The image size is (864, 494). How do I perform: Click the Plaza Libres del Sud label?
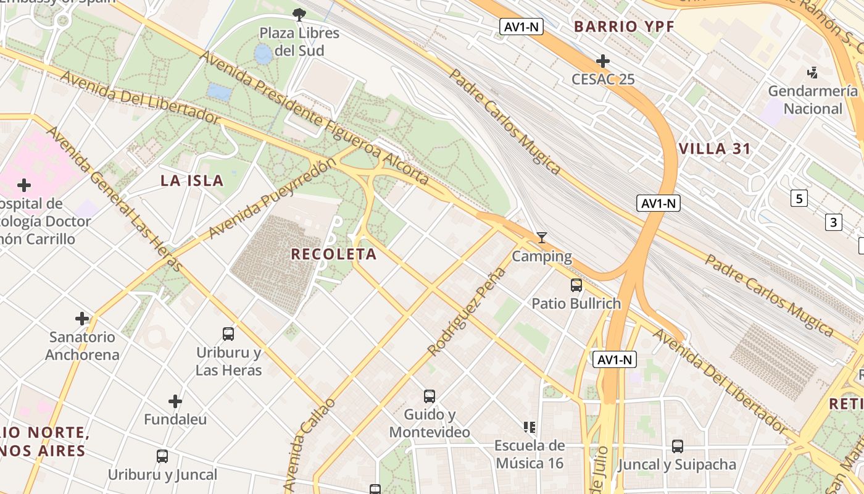(x=299, y=41)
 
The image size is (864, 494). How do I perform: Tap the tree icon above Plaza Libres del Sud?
(x=299, y=14)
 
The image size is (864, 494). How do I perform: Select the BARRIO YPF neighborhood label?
(x=624, y=27)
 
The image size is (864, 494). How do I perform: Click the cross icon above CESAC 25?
(x=603, y=61)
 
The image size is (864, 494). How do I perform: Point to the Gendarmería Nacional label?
(x=812, y=100)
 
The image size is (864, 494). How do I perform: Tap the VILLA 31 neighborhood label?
(x=715, y=149)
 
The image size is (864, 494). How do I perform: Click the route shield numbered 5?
(x=799, y=198)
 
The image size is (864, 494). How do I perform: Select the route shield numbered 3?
(x=834, y=222)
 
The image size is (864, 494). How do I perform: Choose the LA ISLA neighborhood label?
(x=192, y=181)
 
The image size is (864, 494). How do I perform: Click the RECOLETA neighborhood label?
(x=333, y=254)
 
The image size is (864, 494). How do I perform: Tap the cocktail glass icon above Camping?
(x=542, y=238)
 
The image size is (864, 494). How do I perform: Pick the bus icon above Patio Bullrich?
(x=576, y=285)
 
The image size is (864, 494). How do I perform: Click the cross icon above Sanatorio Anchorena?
(x=82, y=319)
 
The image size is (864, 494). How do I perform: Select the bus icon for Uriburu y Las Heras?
(x=228, y=334)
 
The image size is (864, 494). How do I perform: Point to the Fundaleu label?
(x=175, y=419)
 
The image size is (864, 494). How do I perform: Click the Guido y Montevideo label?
(x=430, y=423)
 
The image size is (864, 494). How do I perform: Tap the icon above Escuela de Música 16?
(x=529, y=427)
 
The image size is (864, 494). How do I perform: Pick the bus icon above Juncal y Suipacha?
(x=677, y=446)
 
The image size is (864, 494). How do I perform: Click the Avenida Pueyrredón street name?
(x=273, y=198)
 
